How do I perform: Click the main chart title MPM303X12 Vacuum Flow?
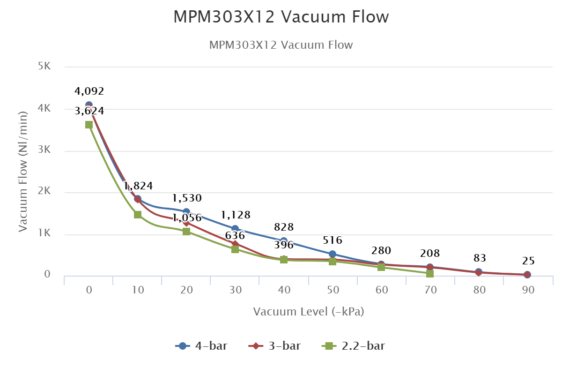(x=281, y=17)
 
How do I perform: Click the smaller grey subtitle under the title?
(x=281, y=45)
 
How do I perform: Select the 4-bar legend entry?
(x=202, y=346)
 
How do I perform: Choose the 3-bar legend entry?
(x=275, y=346)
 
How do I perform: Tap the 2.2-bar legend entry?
(x=354, y=346)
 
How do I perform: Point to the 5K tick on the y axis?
(x=44, y=66)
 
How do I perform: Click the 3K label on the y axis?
(x=44, y=150)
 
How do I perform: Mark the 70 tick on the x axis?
(x=431, y=290)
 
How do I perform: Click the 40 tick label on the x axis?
(x=284, y=290)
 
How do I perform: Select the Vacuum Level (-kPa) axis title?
(x=309, y=312)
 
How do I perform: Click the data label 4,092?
(x=89, y=91)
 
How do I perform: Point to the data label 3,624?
(x=89, y=111)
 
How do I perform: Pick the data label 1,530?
(x=186, y=198)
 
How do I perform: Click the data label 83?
(x=480, y=258)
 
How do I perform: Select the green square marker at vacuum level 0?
(x=89, y=125)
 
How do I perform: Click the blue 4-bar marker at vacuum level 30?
(x=235, y=229)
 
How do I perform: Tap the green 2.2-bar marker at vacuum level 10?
(x=138, y=215)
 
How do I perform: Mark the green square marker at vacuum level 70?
(x=430, y=273)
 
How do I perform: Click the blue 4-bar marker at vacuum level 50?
(x=333, y=254)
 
